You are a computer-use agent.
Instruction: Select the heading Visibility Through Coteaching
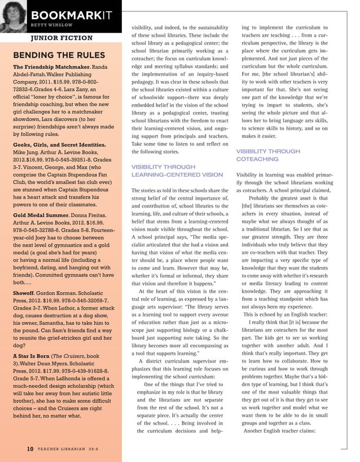pyautogui.click(x=268, y=155)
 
